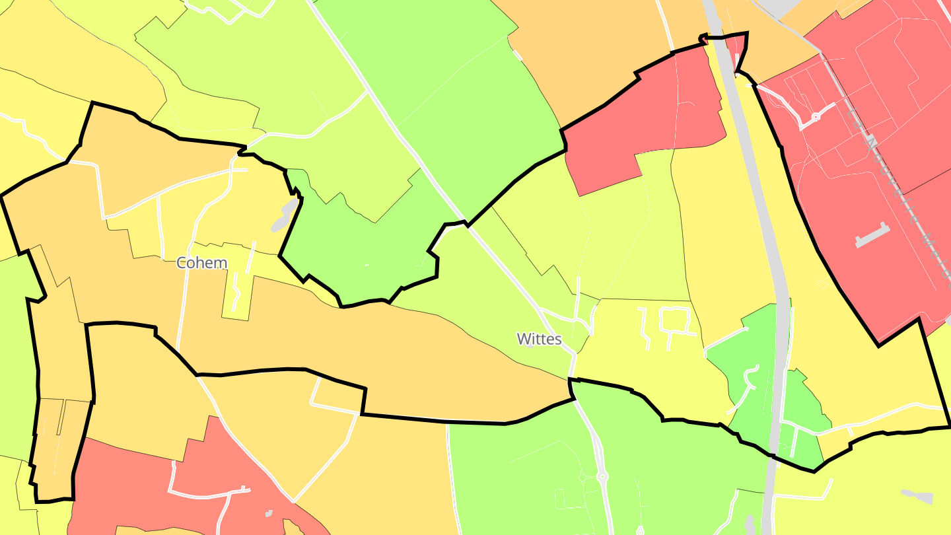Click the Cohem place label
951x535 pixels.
coord(201,263)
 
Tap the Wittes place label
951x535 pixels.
coord(539,339)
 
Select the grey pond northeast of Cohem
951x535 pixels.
coord(286,215)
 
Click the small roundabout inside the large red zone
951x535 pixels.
coord(816,117)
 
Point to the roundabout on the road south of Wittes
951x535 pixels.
coord(602,476)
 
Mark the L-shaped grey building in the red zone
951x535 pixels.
coord(872,235)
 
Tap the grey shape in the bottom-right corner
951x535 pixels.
coord(918,497)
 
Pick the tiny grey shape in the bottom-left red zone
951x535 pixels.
coord(269,513)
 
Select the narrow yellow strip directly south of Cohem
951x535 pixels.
coord(236,291)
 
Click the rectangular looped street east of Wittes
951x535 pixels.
coord(674,320)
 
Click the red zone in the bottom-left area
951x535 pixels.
coord(132,489)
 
